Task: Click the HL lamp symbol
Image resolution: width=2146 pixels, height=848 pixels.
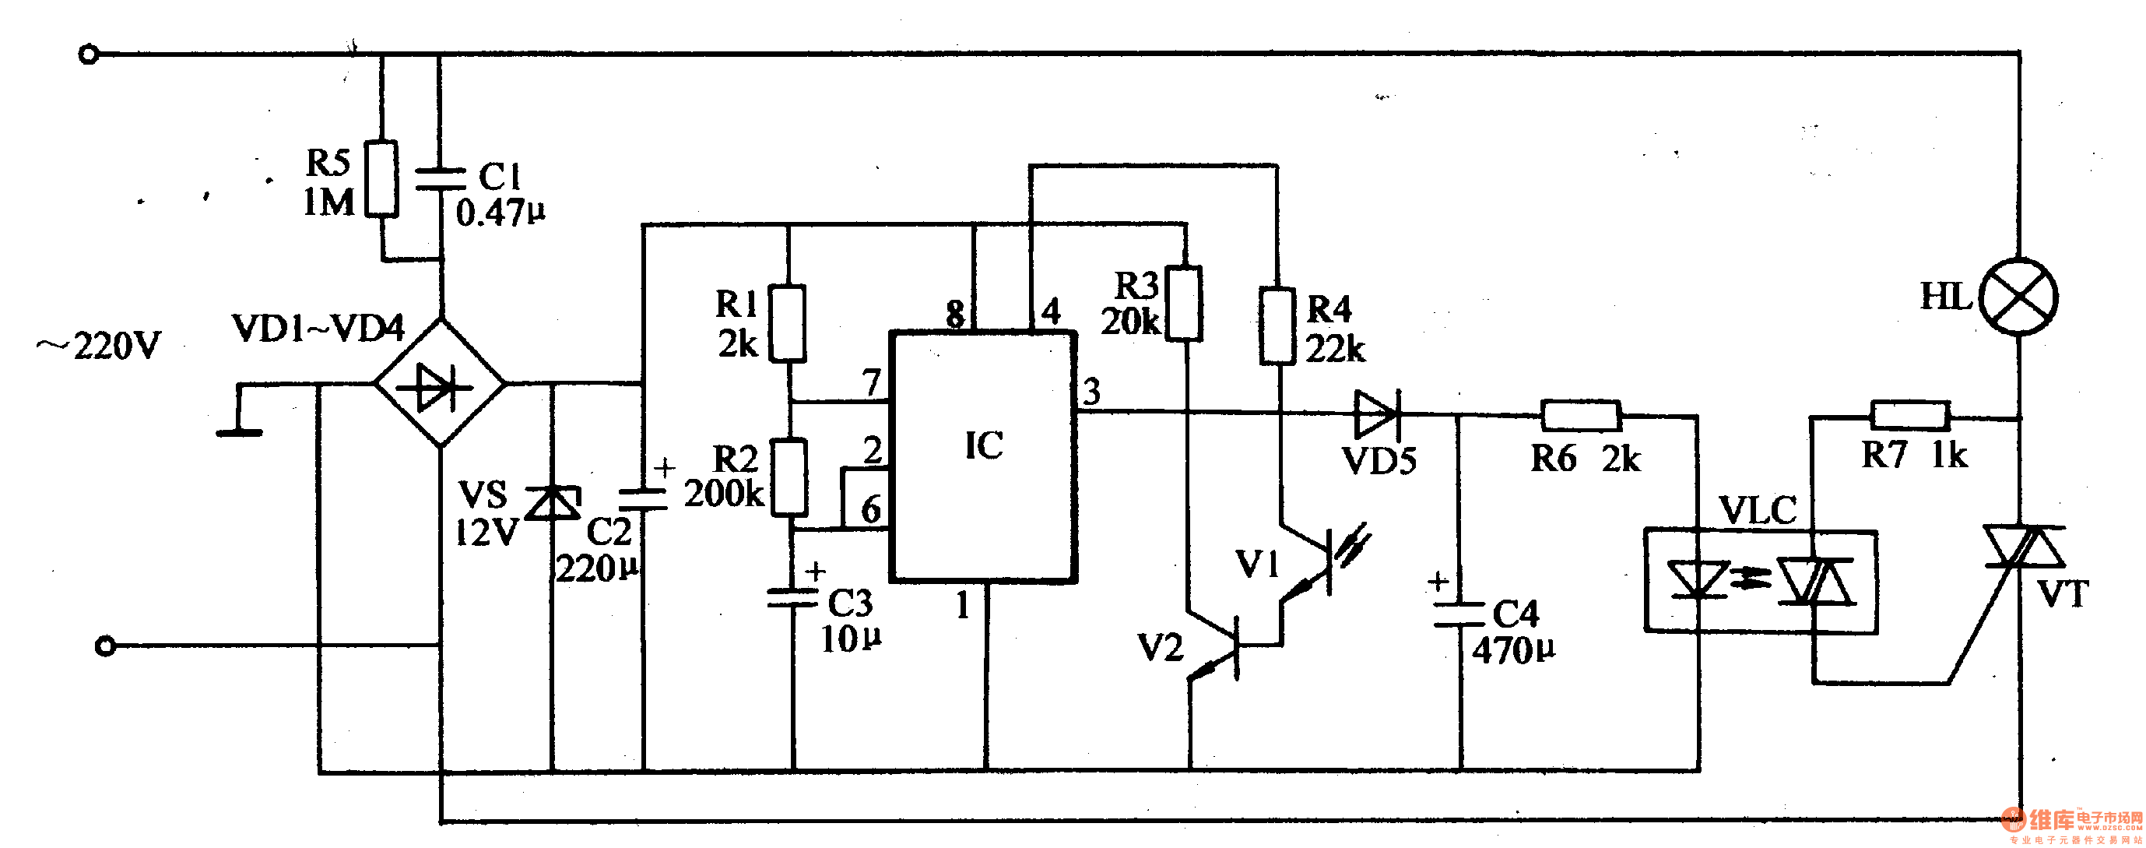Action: click(x=2018, y=297)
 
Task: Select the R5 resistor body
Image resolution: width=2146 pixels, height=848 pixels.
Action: click(x=381, y=179)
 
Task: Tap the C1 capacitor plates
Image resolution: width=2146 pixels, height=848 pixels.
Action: click(x=441, y=178)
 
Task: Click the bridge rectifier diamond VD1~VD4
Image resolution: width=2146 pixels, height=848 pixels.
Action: click(x=440, y=384)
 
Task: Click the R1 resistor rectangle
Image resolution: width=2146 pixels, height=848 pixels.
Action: click(x=786, y=323)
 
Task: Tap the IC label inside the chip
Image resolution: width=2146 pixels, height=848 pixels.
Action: click(x=984, y=445)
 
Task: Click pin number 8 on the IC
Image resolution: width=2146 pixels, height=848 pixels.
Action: click(x=956, y=314)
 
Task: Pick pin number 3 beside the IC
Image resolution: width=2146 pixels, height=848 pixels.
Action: click(x=1091, y=391)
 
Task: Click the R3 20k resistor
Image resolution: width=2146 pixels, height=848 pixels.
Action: click(x=1183, y=303)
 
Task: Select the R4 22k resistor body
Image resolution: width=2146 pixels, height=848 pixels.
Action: click(x=1277, y=325)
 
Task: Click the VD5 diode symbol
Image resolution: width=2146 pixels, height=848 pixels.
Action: click(x=1378, y=414)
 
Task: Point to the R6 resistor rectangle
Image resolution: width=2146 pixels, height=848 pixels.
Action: click(x=1580, y=415)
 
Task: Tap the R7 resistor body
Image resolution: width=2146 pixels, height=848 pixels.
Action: click(x=1909, y=415)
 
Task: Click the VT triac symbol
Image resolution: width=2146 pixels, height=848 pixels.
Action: click(x=2023, y=547)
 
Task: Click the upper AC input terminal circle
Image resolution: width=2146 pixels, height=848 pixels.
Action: click(x=88, y=55)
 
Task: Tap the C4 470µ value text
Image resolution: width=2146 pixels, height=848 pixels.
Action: click(x=1513, y=650)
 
